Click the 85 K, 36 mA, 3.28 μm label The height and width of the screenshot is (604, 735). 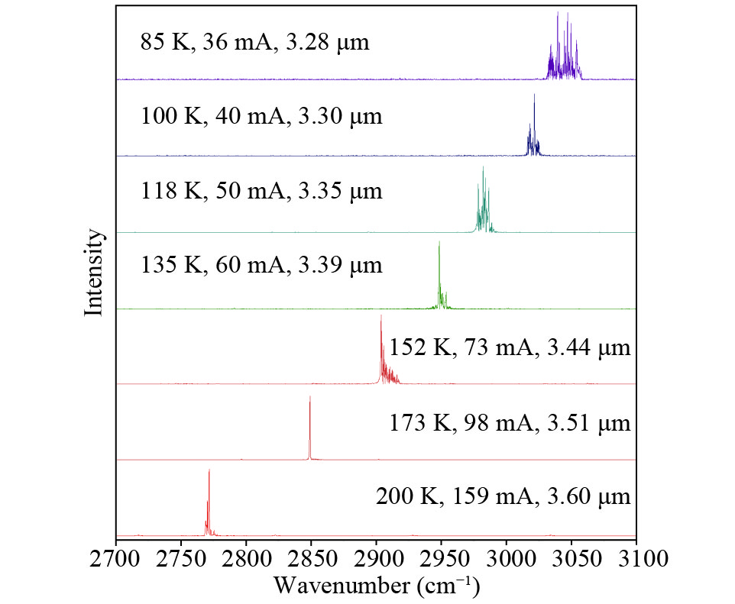(254, 42)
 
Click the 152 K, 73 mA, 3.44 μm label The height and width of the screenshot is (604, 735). (510, 349)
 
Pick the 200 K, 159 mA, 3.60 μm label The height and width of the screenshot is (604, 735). (503, 497)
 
